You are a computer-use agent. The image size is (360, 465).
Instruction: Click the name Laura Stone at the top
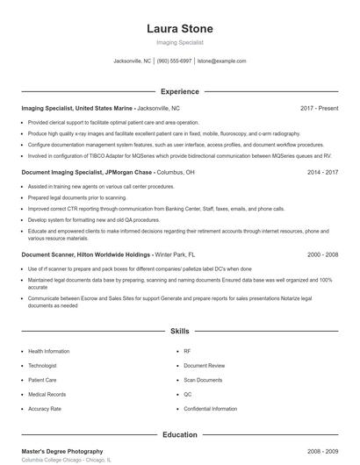[x=179, y=29]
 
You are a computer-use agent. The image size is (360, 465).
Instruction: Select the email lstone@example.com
[x=221, y=61]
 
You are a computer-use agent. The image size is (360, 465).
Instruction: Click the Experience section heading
[x=179, y=91]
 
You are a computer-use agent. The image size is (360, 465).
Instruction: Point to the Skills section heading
[x=179, y=332]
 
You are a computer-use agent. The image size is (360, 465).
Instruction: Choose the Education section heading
[x=179, y=434]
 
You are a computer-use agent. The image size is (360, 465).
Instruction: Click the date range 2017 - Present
[x=319, y=108]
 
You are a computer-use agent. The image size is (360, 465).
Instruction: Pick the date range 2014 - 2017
[x=322, y=173]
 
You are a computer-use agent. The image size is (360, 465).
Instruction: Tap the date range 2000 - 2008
[x=322, y=254]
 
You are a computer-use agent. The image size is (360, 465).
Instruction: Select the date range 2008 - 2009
[x=322, y=451]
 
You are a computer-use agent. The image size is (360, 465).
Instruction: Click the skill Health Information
[x=50, y=351]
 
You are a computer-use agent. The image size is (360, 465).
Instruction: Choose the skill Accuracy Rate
[x=45, y=409]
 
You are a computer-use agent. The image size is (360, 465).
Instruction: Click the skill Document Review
[x=204, y=365]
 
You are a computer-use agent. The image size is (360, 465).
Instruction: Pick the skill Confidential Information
[x=210, y=409]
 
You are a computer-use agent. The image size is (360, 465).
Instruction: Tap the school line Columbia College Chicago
[x=66, y=460]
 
